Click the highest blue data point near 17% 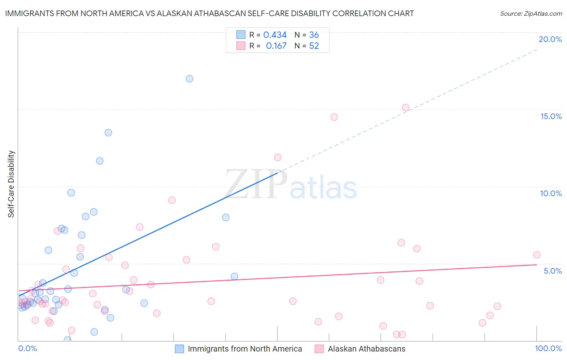click(x=190, y=79)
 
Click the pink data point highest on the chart click(x=406, y=107)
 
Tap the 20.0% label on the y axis click(x=550, y=39)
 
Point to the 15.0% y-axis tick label click(x=551, y=116)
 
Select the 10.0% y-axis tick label click(x=551, y=193)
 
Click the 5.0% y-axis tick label click(x=552, y=271)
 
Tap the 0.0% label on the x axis click(x=27, y=348)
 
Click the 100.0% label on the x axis click(x=548, y=348)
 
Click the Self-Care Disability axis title click(x=11, y=184)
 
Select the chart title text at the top click(x=209, y=13)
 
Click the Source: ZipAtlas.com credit click(x=531, y=14)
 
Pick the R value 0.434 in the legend click(x=275, y=35)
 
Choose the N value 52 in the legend click(x=314, y=46)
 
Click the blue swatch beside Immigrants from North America click(x=179, y=349)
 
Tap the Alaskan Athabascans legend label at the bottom click(x=366, y=349)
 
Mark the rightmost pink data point click(x=537, y=255)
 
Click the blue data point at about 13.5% click(x=108, y=133)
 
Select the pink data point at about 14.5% click(x=334, y=117)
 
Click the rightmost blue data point click(x=234, y=276)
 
